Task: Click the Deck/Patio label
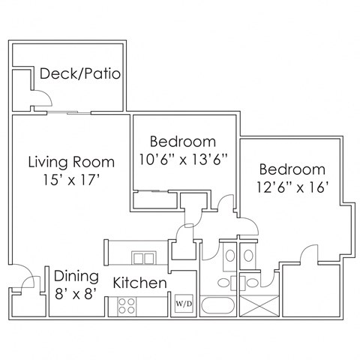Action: pos(81,74)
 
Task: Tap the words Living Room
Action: pos(71,161)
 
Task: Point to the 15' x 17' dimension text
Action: pos(71,180)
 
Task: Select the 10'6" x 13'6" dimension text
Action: pos(183,159)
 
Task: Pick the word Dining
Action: pos(76,274)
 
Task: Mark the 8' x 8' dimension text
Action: pos(76,294)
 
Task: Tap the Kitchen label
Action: pos(139,283)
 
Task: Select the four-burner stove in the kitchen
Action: pos(127,306)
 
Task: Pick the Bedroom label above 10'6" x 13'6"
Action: pos(183,141)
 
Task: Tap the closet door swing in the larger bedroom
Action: pos(307,254)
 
